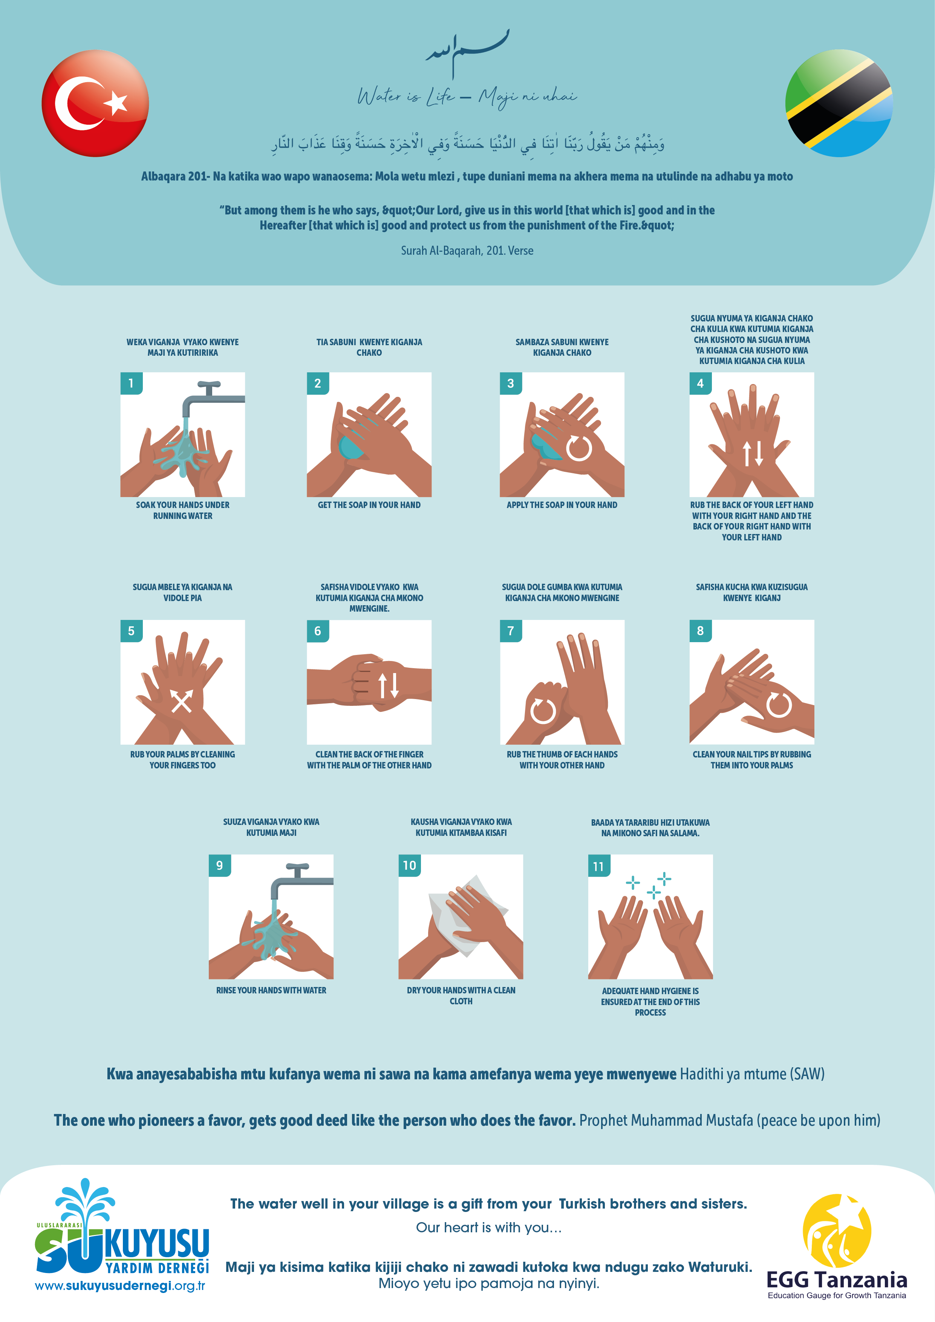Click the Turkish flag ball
coord(95,103)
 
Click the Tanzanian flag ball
coord(839,103)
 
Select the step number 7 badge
coord(511,630)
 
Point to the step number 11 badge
coord(599,866)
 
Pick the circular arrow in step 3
coord(578,448)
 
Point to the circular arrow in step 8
coord(778,705)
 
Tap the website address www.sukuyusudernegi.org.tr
coord(120,1286)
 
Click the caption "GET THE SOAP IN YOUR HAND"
coord(369,505)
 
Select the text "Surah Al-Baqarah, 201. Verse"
coord(467,251)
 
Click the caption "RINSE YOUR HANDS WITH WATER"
coord(271,990)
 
